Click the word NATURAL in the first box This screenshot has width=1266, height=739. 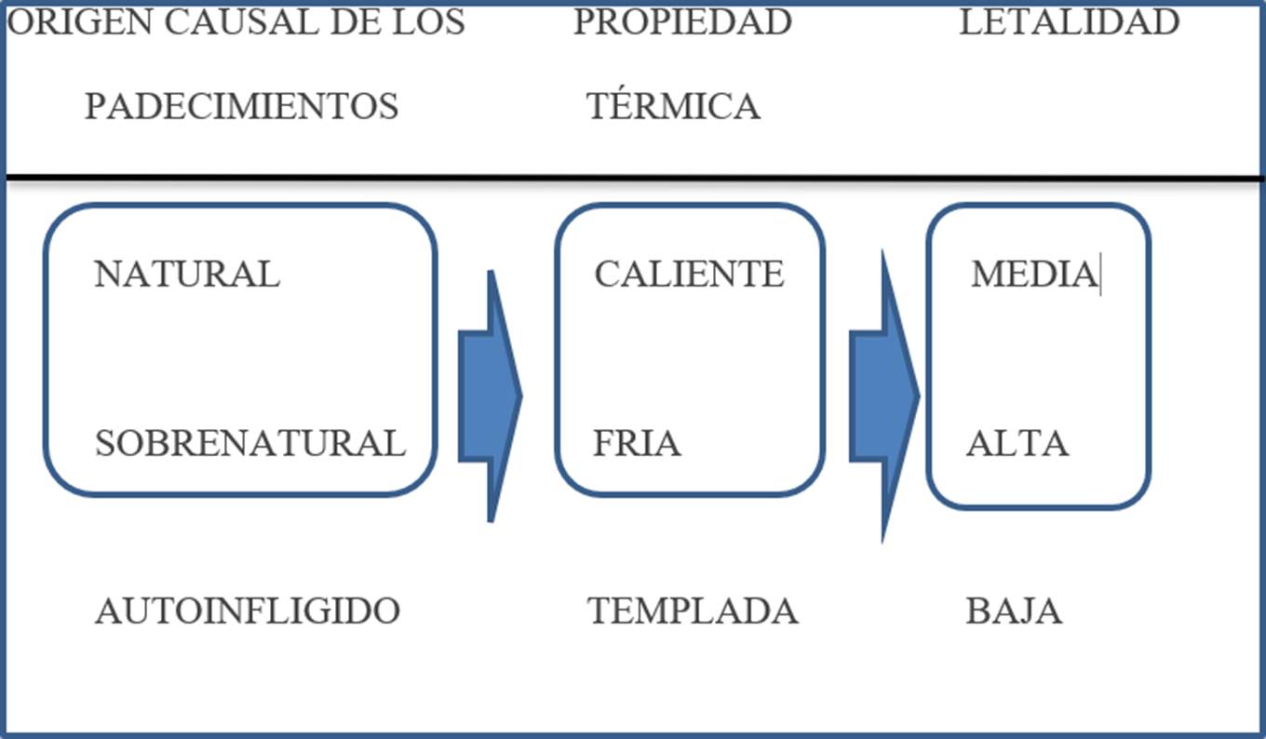point(187,275)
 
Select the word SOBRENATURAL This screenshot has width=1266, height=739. point(250,443)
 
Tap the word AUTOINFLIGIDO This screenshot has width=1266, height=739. point(248,611)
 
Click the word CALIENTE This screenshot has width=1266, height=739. point(690,275)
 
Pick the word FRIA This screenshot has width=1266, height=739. point(637,443)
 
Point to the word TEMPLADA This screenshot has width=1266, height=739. point(694,611)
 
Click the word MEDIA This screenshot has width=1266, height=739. point(1033,275)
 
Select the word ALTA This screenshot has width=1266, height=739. point(1017,443)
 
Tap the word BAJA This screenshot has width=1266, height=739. point(1014,611)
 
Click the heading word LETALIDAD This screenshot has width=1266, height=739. point(1070,22)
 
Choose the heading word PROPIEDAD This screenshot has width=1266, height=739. point(682,22)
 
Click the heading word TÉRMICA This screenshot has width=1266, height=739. point(673,106)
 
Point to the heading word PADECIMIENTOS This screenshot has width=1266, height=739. point(242,106)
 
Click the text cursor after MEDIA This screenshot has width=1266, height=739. point(1100,276)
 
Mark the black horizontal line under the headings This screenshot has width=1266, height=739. point(633,177)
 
